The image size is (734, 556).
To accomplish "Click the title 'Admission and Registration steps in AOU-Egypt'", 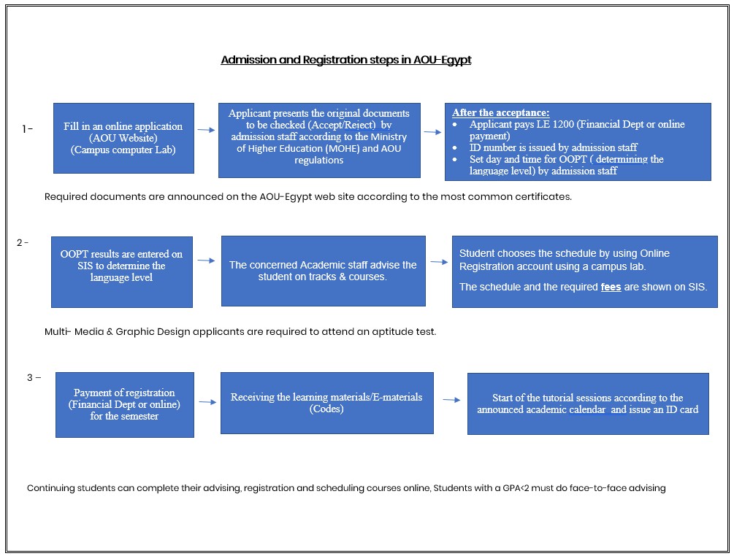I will pyautogui.click(x=345, y=60).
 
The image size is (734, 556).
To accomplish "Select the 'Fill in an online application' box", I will pyautogui.click(x=123, y=138).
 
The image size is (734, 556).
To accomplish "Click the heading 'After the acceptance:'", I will pyautogui.click(x=501, y=112).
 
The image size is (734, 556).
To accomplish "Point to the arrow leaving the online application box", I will pyautogui.click(x=206, y=130).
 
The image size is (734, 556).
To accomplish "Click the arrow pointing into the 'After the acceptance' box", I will pyautogui.click(x=432, y=132).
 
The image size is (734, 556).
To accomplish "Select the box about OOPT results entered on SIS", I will pyautogui.click(x=121, y=271).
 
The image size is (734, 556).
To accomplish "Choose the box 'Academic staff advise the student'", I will pyautogui.click(x=323, y=271).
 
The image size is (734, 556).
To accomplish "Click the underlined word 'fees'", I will pyautogui.click(x=611, y=287).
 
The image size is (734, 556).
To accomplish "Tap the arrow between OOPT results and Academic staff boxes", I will pyautogui.click(x=207, y=260).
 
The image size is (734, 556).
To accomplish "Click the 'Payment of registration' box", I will pyautogui.click(x=124, y=404).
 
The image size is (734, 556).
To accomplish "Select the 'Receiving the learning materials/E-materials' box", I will pyautogui.click(x=326, y=403).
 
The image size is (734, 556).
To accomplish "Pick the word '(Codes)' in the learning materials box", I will pyautogui.click(x=326, y=409).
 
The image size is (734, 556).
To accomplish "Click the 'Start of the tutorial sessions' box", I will pyautogui.click(x=587, y=404).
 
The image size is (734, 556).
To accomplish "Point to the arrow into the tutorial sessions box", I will pyautogui.click(x=451, y=400).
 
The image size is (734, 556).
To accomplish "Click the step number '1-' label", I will pyautogui.click(x=28, y=129).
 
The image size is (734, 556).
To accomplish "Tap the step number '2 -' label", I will pyautogui.click(x=23, y=243).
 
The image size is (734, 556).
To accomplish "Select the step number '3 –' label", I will pyautogui.click(x=34, y=377).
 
